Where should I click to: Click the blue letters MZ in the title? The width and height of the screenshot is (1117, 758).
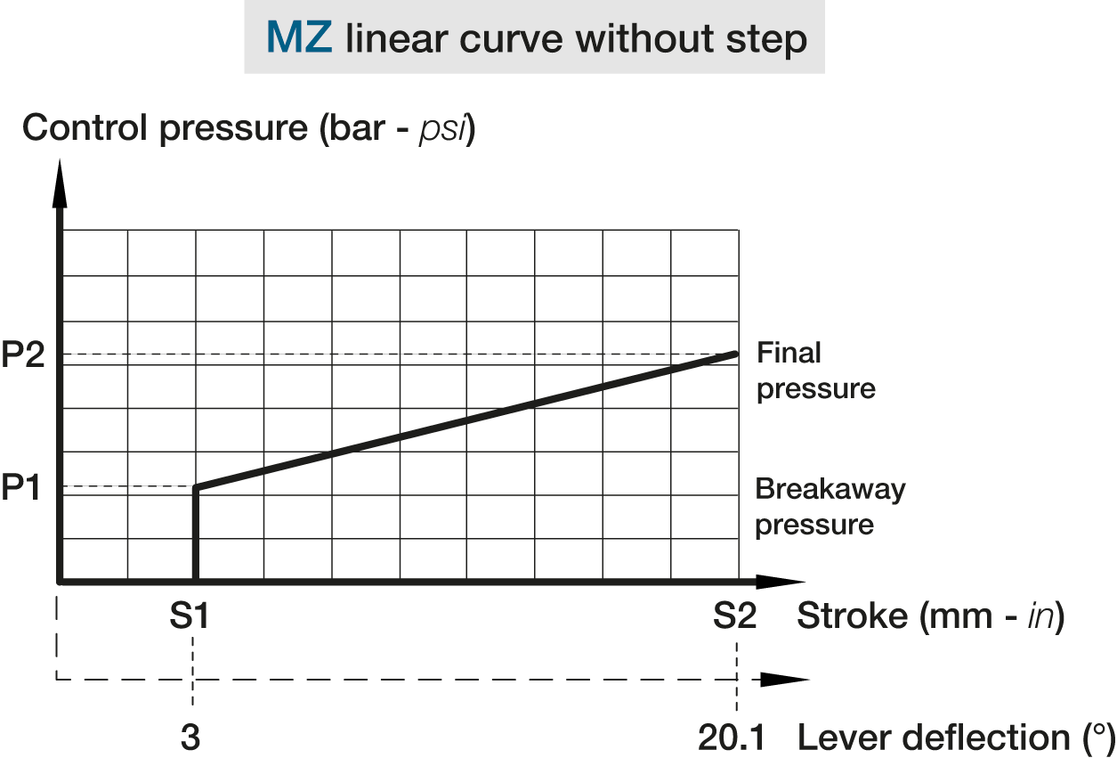tap(298, 38)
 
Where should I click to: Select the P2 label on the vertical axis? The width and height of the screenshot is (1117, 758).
tap(21, 355)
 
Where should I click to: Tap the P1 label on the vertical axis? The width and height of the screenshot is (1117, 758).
tap(21, 487)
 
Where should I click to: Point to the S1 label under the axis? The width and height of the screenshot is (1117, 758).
tap(190, 615)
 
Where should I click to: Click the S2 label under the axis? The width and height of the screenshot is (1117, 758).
tap(735, 615)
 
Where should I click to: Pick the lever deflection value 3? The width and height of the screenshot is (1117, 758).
tap(191, 738)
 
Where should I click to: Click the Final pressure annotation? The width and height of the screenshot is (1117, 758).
tap(815, 371)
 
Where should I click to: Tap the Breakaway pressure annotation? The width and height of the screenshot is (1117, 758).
tap(830, 506)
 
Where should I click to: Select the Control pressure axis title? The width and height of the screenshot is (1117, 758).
tap(249, 128)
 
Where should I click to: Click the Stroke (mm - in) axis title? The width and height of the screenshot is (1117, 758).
tap(930, 615)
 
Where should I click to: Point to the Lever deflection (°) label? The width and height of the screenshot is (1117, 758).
tap(955, 738)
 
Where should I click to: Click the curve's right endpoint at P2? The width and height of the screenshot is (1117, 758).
tap(736, 354)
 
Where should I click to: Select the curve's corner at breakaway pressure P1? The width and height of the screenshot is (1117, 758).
tap(195, 487)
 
